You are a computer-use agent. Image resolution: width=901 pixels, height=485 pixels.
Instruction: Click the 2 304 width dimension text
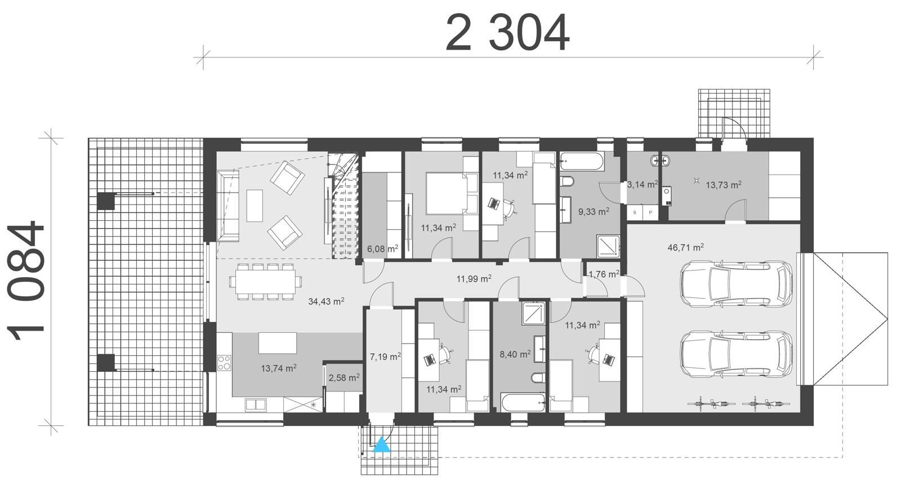(x=507, y=34)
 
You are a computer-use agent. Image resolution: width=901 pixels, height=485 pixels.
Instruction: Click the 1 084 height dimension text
(x=27, y=282)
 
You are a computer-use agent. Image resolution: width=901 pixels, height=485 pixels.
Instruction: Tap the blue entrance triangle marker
(x=382, y=444)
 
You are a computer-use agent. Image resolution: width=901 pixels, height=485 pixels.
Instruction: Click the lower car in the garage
(x=737, y=353)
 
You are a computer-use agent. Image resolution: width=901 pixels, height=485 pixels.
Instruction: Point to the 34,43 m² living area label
(x=326, y=301)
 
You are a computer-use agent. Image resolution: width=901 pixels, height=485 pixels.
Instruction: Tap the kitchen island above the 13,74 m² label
(x=278, y=342)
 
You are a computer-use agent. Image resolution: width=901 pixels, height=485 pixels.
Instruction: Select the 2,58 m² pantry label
(x=344, y=377)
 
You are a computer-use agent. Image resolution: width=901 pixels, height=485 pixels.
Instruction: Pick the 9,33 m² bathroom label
(x=594, y=212)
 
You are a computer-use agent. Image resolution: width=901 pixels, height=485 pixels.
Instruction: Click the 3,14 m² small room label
(x=643, y=184)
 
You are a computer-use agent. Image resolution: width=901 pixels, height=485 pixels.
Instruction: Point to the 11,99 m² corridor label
(x=474, y=278)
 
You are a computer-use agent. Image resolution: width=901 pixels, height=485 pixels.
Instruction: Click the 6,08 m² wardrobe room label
(x=382, y=248)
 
